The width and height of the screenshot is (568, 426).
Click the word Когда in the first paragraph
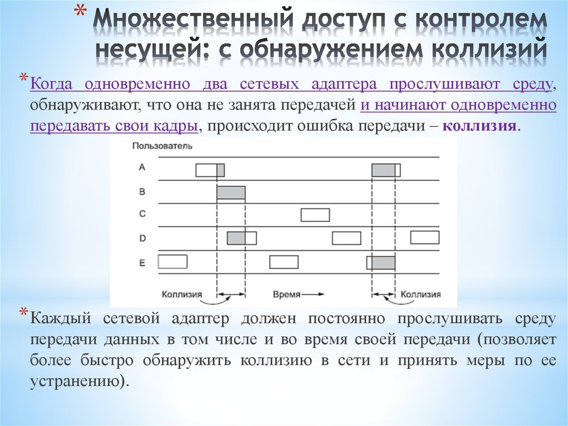point(52,84)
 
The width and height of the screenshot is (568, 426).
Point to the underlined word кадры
point(179,126)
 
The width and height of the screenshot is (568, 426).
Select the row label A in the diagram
point(142,167)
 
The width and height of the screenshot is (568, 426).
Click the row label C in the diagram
point(142,214)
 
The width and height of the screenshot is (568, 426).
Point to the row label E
point(142,262)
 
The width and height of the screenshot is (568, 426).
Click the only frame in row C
point(315,214)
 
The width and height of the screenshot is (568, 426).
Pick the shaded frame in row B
point(231,192)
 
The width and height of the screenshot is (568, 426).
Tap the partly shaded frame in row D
point(242,238)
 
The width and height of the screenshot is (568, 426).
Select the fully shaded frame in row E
point(383,262)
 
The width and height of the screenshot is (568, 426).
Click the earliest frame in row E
point(173,261)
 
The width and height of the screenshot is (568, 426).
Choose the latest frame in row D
point(425,237)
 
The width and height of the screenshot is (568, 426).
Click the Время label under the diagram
point(287,294)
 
